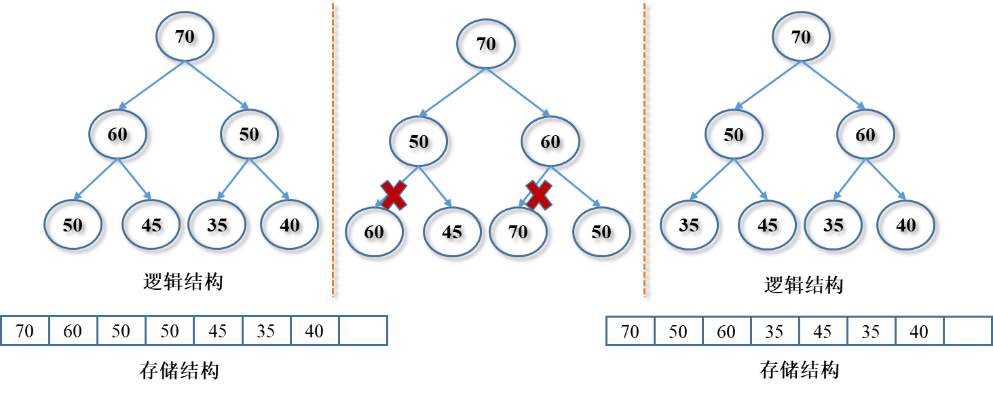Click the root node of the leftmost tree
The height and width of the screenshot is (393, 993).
pos(185,36)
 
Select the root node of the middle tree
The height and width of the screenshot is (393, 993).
pos(485,43)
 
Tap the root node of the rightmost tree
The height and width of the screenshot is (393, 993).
pos(801,36)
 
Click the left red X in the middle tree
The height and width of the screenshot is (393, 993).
pos(394,195)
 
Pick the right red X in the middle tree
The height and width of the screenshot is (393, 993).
pos(539,195)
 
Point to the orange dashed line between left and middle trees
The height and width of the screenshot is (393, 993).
pos(333,149)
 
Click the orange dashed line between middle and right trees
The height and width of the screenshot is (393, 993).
pos(644,149)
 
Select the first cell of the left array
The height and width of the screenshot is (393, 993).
pos(25,331)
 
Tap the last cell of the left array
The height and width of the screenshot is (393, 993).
pos(363,331)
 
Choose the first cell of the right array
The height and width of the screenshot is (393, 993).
pos(630,331)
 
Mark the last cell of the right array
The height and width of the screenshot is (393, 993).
pos(968,331)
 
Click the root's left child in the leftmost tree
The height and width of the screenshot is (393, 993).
pos(117,134)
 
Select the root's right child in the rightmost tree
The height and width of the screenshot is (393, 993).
pos(865,134)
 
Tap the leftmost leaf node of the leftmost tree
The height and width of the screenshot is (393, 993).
pos(73,224)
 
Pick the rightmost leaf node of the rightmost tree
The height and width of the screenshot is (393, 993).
pos(905,224)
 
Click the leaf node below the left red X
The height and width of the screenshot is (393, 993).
pos(374,231)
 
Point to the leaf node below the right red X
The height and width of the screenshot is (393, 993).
pos(518,231)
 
